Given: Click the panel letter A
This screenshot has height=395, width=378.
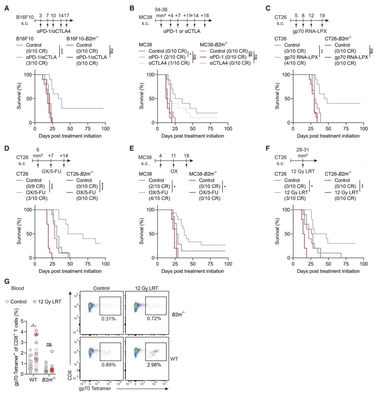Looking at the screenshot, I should [x=6, y=8].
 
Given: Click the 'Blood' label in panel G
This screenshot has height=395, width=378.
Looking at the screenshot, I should [x=17, y=288].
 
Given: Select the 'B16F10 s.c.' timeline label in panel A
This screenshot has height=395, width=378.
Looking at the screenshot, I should [x=24, y=20].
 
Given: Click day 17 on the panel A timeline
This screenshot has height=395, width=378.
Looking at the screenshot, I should [x=66, y=16].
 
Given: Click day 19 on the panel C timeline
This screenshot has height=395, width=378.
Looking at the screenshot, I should [x=322, y=16].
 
